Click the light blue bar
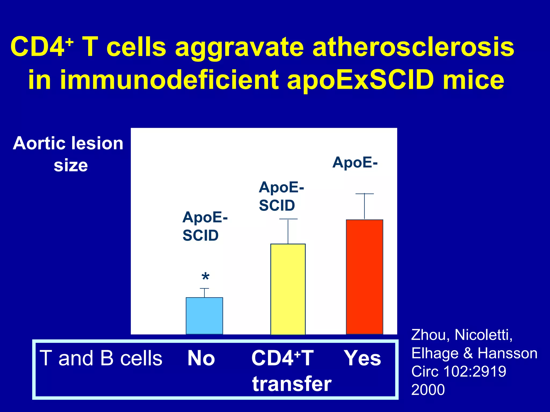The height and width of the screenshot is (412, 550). pos(204,316)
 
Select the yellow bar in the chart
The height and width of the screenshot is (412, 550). pos(288,289)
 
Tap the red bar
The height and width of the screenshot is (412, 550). pos(364,277)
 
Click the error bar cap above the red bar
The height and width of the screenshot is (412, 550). pos(364,194)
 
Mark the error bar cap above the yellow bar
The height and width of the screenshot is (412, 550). pos(288,219)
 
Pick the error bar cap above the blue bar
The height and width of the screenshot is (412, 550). pos(204,289)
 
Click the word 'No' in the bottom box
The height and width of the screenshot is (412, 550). pos(201,358)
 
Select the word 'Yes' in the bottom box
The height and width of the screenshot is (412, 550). pos(363,358)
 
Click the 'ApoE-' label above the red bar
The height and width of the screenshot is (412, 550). pos(355,163)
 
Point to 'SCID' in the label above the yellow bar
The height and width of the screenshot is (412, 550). pos(277,206)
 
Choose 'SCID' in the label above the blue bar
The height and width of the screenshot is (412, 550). pos(201,236)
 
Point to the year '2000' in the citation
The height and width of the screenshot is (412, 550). pos(428,390)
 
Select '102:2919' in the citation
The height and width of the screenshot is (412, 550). pos(475,371)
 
